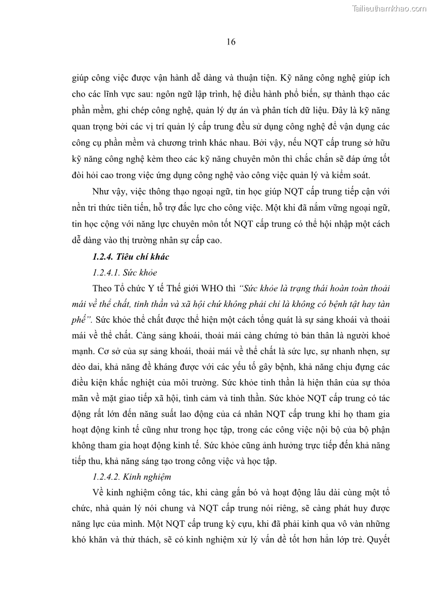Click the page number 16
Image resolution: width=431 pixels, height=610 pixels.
point(230,42)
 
